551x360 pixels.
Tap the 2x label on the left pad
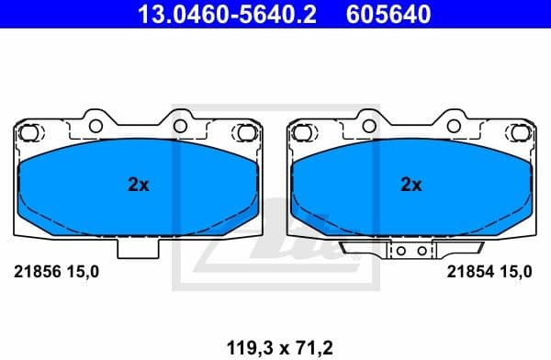tap(138, 185)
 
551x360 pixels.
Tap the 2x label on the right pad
tap(410, 185)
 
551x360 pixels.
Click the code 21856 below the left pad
tap(32, 272)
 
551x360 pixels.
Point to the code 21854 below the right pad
tap(466, 272)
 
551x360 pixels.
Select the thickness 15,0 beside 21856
tap(83, 272)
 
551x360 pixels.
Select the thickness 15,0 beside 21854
tap(516, 272)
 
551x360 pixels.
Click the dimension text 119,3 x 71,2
tap(275, 346)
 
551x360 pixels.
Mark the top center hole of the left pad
tap(181, 123)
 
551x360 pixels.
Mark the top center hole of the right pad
tap(454, 123)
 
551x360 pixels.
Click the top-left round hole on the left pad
tap(96, 123)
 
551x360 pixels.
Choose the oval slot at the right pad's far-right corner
tap(520, 133)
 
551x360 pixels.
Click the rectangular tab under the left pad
tap(138, 247)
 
